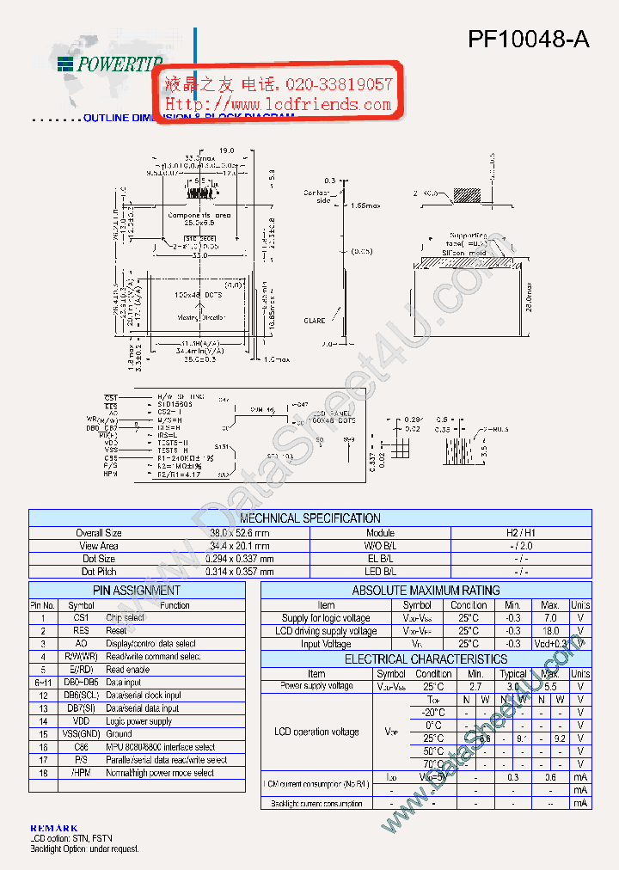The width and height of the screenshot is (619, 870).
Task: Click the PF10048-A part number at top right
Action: tap(528, 39)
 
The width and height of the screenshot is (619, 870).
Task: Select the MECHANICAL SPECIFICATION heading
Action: tap(309, 518)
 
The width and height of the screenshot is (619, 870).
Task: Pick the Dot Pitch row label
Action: tap(100, 572)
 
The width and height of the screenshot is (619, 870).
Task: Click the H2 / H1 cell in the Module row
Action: tap(521, 533)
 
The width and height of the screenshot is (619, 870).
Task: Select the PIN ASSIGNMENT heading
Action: tap(137, 591)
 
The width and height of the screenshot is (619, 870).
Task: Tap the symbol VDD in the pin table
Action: tap(81, 721)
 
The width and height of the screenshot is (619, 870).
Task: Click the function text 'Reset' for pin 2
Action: tap(116, 630)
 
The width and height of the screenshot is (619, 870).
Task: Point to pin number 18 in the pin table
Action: tap(43, 773)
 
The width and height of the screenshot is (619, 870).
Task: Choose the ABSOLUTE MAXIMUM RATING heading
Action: tap(426, 591)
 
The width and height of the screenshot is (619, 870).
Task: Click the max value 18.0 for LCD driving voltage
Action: tap(550, 631)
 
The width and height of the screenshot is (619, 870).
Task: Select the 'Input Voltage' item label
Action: tap(326, 644)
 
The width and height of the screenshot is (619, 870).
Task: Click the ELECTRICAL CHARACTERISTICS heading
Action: tap(426, 659)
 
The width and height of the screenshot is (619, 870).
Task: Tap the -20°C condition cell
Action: tap(433, 712)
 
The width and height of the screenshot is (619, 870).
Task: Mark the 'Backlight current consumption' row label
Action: tap(316, 804)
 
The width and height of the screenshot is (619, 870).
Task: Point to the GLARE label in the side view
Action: tap(315, 321)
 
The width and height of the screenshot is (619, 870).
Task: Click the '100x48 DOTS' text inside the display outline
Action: tap(198, 295)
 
